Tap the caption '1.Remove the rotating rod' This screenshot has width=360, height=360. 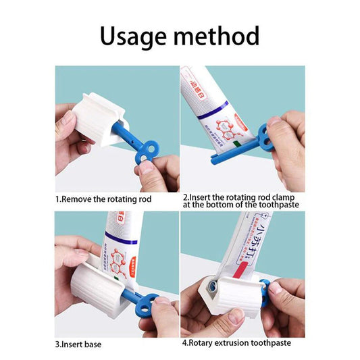click(103, 199)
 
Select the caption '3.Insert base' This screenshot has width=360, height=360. click(79, 344)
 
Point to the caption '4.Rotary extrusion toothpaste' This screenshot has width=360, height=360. click(236, 343)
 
